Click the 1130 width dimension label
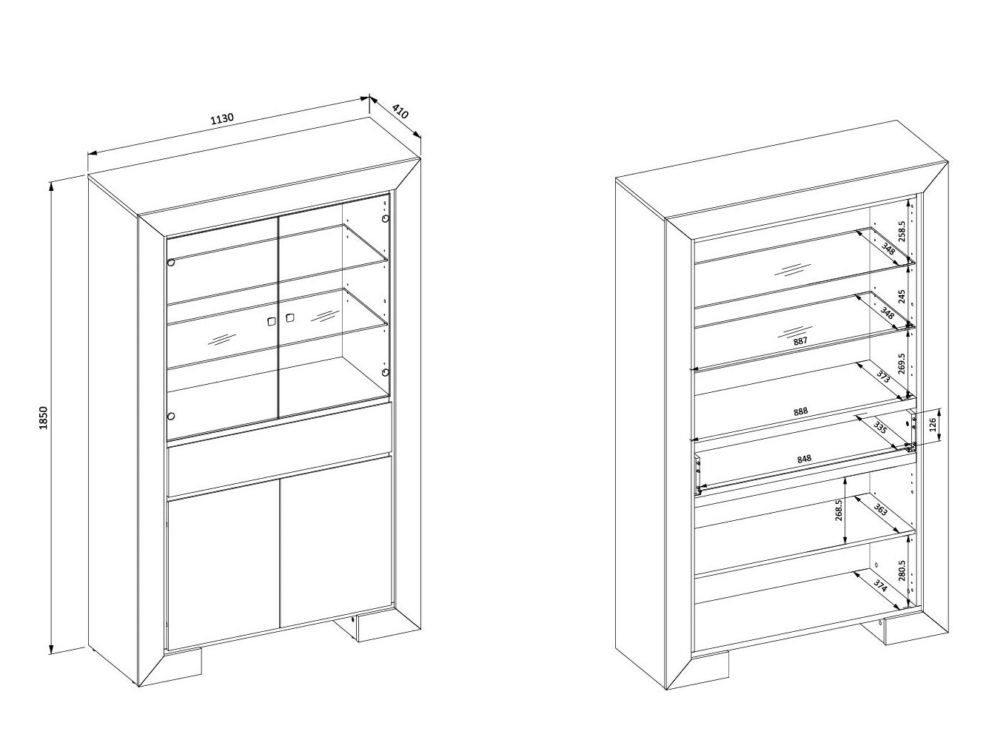pos(222,118)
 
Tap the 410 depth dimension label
pos(400,111)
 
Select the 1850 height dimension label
pos(44,417)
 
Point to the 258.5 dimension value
pos(902,231)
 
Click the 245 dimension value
pos(902,297)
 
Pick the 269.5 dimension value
pos(902,364)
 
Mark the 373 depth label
pos(883,376)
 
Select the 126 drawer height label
pos(932,425)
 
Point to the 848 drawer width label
pos(804,459)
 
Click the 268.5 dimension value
pos(838,511)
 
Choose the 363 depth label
pos(880,509)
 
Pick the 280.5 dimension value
pos(902,570)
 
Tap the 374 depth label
pos(880,586)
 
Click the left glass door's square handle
pos(272,321)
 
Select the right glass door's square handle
pos(289,317)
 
